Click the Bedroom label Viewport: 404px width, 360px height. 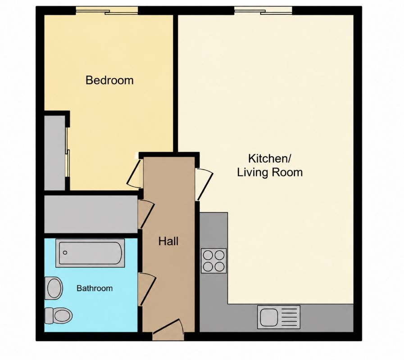109,80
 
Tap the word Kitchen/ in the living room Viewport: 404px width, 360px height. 269,158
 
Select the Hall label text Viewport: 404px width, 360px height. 168,241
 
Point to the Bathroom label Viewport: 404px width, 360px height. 95,288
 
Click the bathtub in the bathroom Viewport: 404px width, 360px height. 90,253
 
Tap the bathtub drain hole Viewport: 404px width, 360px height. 65,252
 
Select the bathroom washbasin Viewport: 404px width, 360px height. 54,288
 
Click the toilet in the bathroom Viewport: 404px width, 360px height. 58,315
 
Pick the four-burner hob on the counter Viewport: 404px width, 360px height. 213,261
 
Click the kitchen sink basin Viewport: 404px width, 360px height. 269,317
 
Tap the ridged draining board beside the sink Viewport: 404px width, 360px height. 289,317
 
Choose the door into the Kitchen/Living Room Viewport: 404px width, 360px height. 204,184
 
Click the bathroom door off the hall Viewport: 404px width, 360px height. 147,289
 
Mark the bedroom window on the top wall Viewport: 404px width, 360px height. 107,11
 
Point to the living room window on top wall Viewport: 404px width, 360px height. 263,11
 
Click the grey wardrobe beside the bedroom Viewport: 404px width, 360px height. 54,153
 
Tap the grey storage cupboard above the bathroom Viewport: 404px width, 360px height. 91,214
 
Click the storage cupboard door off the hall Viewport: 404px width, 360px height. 146,214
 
